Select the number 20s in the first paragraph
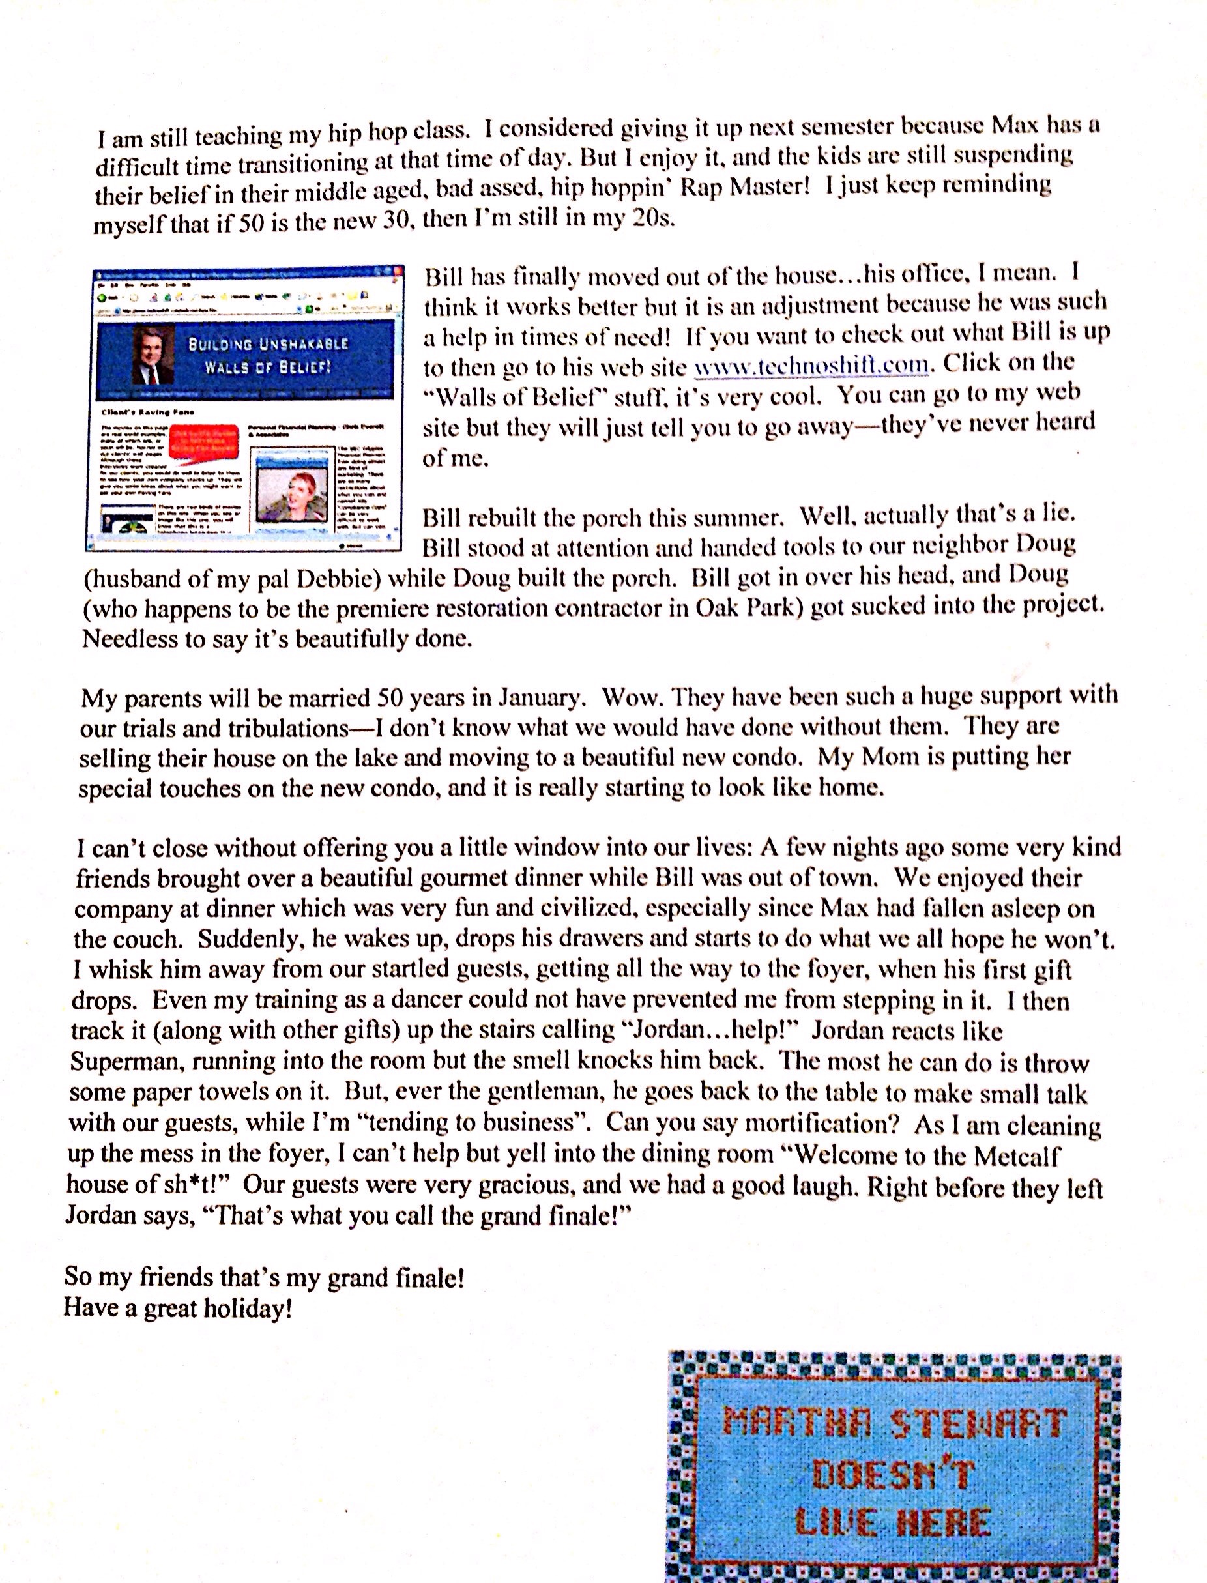click(653, 218)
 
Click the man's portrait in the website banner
click(153, 356)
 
